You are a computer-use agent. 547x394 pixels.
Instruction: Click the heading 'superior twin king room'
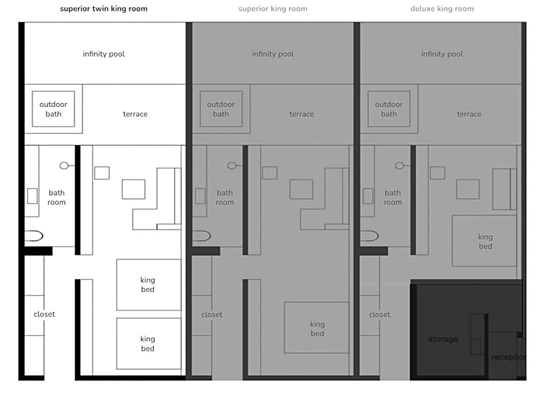(x=104, y=9)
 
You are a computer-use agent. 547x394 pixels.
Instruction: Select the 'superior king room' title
(x=273, y=9)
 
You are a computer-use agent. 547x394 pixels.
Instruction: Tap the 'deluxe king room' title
(x=442, y=9)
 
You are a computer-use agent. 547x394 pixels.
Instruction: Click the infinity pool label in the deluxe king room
(x=442, y=54)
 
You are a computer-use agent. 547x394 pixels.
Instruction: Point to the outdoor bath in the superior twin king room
(x=54, y=109)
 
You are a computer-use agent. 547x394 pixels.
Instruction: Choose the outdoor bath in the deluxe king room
(x=389, y=109)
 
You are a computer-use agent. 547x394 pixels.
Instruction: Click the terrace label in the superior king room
(x=301, y=114)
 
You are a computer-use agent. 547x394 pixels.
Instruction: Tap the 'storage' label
(x=443, y=339)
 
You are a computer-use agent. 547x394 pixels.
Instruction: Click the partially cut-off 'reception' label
(x=508, y=357)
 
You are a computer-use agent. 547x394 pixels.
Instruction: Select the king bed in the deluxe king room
(x=484, y=241)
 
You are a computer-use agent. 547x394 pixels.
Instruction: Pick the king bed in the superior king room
(x=317, y=328)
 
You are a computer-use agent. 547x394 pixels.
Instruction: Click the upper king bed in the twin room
(x=148, y=285)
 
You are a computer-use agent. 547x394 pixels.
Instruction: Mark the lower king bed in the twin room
(x=148, y=343)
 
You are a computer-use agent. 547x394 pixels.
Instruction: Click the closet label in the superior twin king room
(x=44, y=314)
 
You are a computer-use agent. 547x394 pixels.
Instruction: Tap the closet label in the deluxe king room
(x=379, y=314)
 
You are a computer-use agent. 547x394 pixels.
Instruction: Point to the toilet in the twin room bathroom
(x=34, y=236)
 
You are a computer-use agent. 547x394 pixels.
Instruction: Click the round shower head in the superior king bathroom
(x=232, y=166)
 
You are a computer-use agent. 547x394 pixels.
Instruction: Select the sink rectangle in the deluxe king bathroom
(x=368, y=196)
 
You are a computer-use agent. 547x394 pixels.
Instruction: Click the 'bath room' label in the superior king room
(x=225, y=197)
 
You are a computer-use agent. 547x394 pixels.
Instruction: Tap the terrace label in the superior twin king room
(x=136, y=114)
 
